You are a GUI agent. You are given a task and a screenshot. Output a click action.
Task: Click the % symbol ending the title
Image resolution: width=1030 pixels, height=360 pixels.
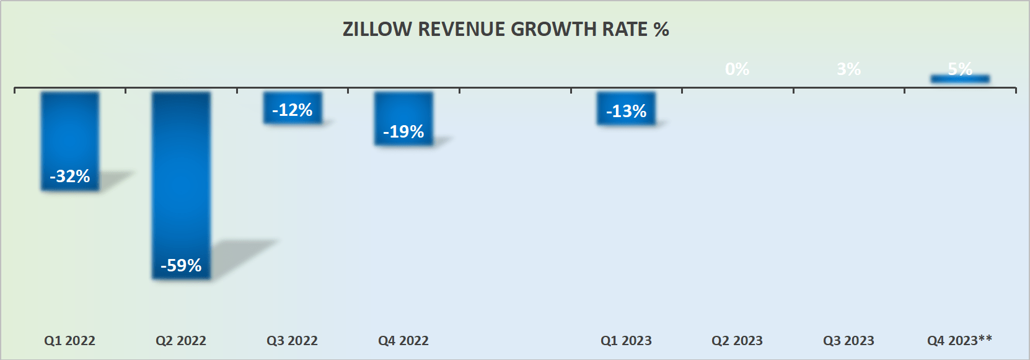(661, 29)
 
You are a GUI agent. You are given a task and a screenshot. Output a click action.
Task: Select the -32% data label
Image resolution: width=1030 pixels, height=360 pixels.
(70, 177)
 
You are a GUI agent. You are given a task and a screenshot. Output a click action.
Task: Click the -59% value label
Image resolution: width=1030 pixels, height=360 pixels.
(181, 266)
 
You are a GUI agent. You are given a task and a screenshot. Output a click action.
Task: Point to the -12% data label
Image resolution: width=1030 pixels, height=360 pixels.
(292, 110)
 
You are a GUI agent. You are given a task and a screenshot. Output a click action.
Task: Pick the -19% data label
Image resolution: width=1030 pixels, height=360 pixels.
(403, 132)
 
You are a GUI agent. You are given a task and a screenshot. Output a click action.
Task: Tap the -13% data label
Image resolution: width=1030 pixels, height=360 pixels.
(626, 112)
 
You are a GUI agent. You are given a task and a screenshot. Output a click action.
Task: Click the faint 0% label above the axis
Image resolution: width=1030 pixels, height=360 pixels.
(737, 69)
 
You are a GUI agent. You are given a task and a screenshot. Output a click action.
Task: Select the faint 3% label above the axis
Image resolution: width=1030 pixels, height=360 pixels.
(848, 69)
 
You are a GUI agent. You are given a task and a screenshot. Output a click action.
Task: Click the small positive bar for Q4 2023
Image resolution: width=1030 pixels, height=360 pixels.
(960, 79)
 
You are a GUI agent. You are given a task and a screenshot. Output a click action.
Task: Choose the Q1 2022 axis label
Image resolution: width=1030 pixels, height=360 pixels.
(69, 341)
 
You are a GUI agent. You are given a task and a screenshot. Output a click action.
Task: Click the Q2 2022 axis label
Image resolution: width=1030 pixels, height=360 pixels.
(181, 341)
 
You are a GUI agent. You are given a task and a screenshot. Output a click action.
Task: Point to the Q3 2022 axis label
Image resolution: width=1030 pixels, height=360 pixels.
(292, 341)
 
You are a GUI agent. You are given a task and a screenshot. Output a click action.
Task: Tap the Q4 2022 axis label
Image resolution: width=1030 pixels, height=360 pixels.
(403, 341)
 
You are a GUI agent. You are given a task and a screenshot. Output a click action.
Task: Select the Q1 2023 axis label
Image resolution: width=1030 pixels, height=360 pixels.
(626, 341)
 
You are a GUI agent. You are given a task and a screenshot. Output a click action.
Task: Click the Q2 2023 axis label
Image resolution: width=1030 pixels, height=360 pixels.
(737, 341)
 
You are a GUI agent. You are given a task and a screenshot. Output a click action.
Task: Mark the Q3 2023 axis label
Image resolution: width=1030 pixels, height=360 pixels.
(848, 341)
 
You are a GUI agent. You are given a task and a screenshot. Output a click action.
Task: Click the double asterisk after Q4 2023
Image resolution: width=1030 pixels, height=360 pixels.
(985, 338)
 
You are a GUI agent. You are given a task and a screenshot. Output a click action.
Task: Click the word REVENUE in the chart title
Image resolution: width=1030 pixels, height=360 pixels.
(461, 29)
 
